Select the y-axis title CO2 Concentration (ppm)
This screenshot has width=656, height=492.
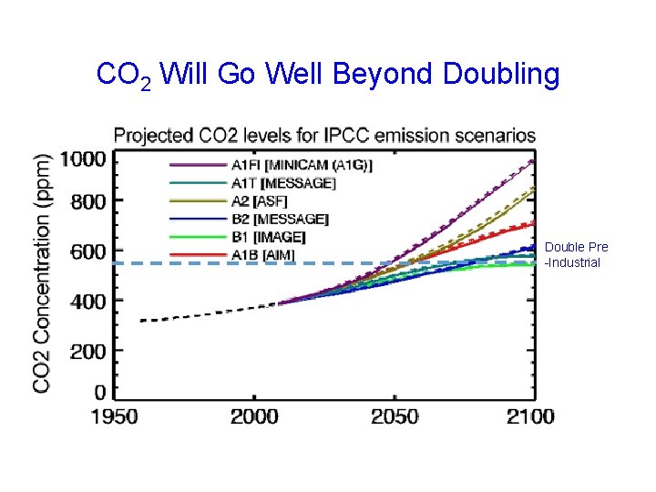43,272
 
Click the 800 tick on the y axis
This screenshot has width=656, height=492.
88,201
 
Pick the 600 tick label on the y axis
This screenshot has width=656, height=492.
88,251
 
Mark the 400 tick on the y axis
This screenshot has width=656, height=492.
88,301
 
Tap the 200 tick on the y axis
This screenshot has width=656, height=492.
88,351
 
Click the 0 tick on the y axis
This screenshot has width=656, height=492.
98,394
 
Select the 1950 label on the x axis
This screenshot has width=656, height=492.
114,416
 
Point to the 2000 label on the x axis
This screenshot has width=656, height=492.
254,416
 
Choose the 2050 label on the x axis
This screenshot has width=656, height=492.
394,416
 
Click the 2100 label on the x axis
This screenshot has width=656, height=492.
530,416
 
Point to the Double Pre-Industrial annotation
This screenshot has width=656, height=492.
575,255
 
